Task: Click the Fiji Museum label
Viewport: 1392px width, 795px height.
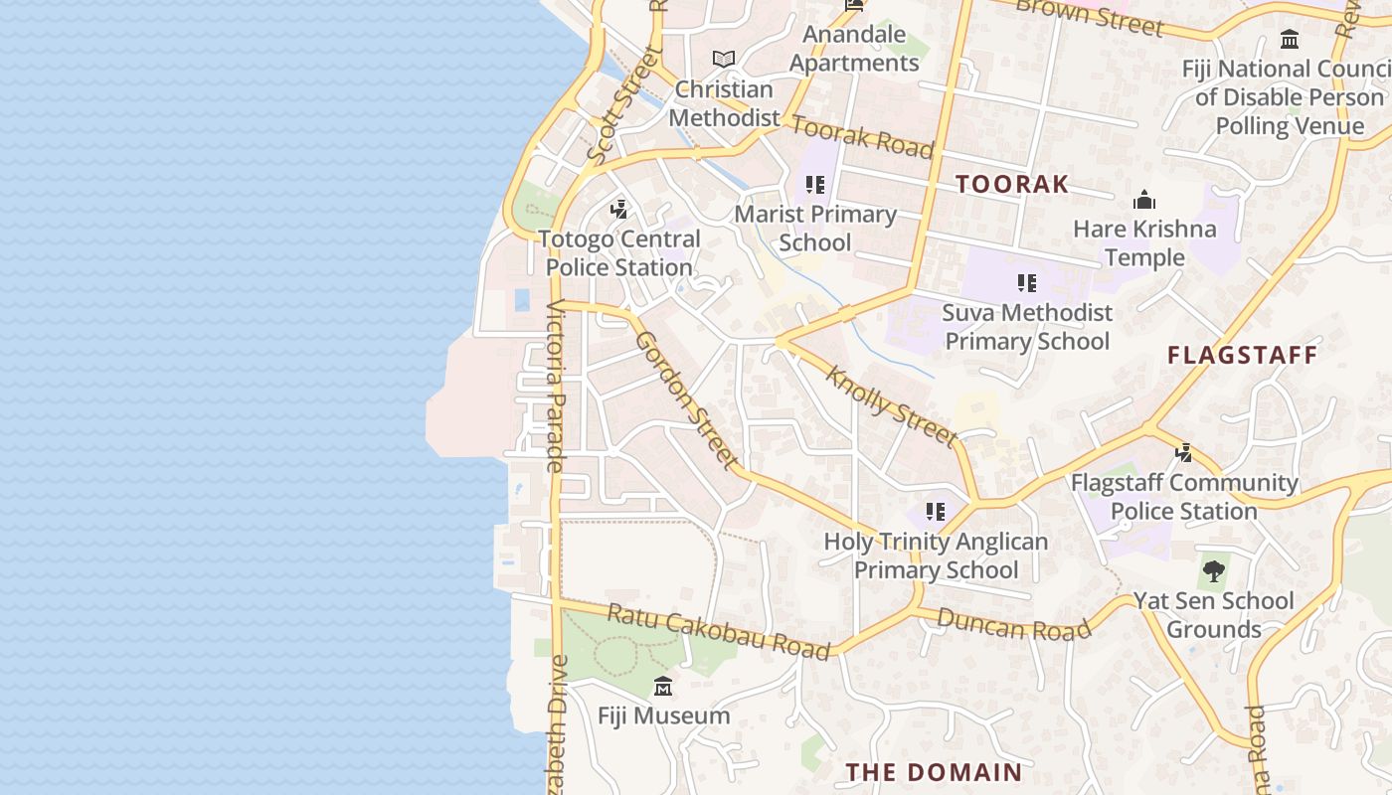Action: point(663,715)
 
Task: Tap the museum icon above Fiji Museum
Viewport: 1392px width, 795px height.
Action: point(663,686)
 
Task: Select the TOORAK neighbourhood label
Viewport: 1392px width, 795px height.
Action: point(1012,184)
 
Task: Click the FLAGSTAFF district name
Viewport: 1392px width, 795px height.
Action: point(1242,355)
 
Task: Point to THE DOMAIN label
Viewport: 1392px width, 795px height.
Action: point(934,772)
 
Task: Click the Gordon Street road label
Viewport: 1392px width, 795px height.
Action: point(687,399)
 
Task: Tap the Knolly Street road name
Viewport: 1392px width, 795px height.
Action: point(892,405)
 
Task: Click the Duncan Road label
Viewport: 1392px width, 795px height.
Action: point(1014,625)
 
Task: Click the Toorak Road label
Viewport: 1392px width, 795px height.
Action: point(862,137)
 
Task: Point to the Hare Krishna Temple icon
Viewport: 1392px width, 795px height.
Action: point(1144,201)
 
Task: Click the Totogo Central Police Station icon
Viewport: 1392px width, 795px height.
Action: point(619,210)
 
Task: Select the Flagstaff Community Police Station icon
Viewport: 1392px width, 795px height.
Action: point(1183,453)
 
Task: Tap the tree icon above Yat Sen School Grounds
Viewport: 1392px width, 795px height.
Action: point(1213,570)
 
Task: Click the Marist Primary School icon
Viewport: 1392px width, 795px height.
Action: point(815,185)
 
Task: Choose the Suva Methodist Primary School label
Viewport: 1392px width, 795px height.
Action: point(1027,327)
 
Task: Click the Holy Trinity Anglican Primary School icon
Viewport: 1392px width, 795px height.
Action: point(935,512)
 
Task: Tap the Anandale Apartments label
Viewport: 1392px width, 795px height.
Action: point(854,49)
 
